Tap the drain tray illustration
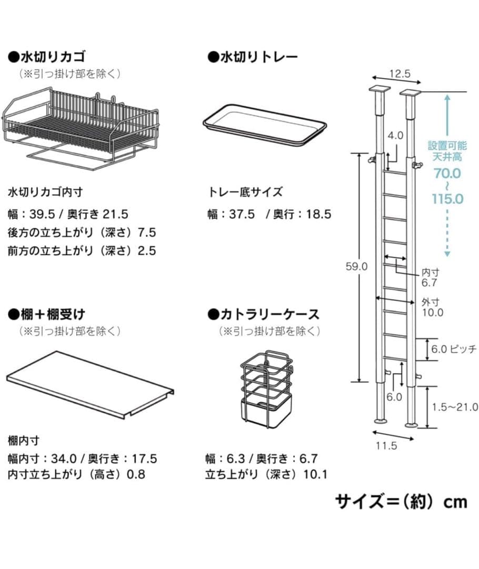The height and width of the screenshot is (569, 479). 265,124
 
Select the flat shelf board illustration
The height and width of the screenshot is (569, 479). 89,384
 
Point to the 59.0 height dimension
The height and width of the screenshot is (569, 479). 356,267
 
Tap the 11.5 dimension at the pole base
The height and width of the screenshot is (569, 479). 386,446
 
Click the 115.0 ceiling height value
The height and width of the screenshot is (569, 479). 447,199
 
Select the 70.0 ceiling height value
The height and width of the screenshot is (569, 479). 447,173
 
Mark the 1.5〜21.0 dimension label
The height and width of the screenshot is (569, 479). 455,407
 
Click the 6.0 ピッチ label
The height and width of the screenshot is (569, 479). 453,349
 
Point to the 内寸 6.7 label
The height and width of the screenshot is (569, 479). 430,278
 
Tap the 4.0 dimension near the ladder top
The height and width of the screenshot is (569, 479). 396,135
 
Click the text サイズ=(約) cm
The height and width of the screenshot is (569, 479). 401,501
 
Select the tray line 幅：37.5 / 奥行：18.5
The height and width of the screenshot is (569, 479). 270,214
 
